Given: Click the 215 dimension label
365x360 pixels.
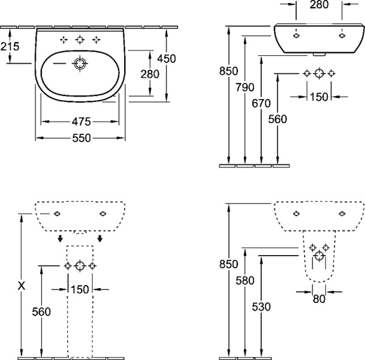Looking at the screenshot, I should pos(10,46).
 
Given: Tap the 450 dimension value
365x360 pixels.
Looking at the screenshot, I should pos(167,59).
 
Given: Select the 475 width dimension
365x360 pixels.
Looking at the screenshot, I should pos(82,122).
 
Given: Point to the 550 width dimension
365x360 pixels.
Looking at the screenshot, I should pos(82,138).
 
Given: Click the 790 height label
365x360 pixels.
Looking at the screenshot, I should pos(245,88).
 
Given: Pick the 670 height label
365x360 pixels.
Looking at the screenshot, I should pos(261,103).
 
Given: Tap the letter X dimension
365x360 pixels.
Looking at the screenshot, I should pos(21,286).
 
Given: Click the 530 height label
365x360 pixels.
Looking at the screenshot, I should pos(261,307).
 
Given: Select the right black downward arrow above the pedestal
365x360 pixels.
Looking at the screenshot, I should pos(100,239).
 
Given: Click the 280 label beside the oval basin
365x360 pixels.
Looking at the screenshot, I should pos(149,74).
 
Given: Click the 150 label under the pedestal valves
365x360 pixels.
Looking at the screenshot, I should pos(80,290).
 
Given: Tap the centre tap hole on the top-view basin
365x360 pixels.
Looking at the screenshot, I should pos(80,40).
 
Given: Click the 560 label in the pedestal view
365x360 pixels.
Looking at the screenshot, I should pos(41,311).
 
